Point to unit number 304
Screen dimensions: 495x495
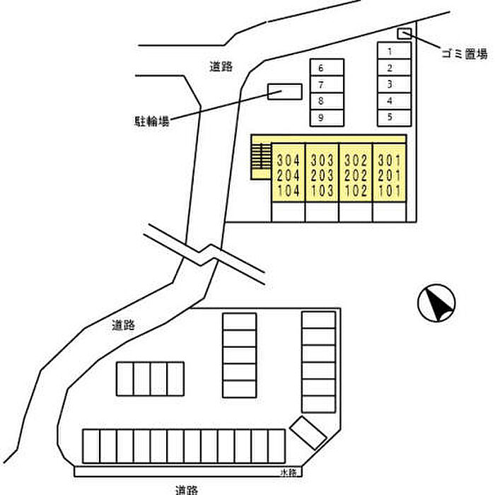click(x=289, y=159)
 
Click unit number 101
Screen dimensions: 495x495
click(x=390, y=191)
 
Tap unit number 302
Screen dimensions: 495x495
click(x=356, y=159)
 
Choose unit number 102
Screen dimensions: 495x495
click(x=356, y=191)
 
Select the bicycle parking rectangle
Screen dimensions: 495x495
click(x=285, y=92)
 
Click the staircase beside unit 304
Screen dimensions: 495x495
click(x=262, y=158)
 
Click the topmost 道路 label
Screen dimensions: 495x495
click(x=221, y=67)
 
